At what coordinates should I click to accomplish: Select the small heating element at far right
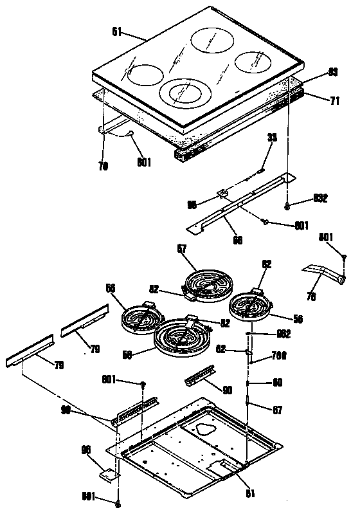[251, 306]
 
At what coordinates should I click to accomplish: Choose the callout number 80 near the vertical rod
[278, 383]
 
